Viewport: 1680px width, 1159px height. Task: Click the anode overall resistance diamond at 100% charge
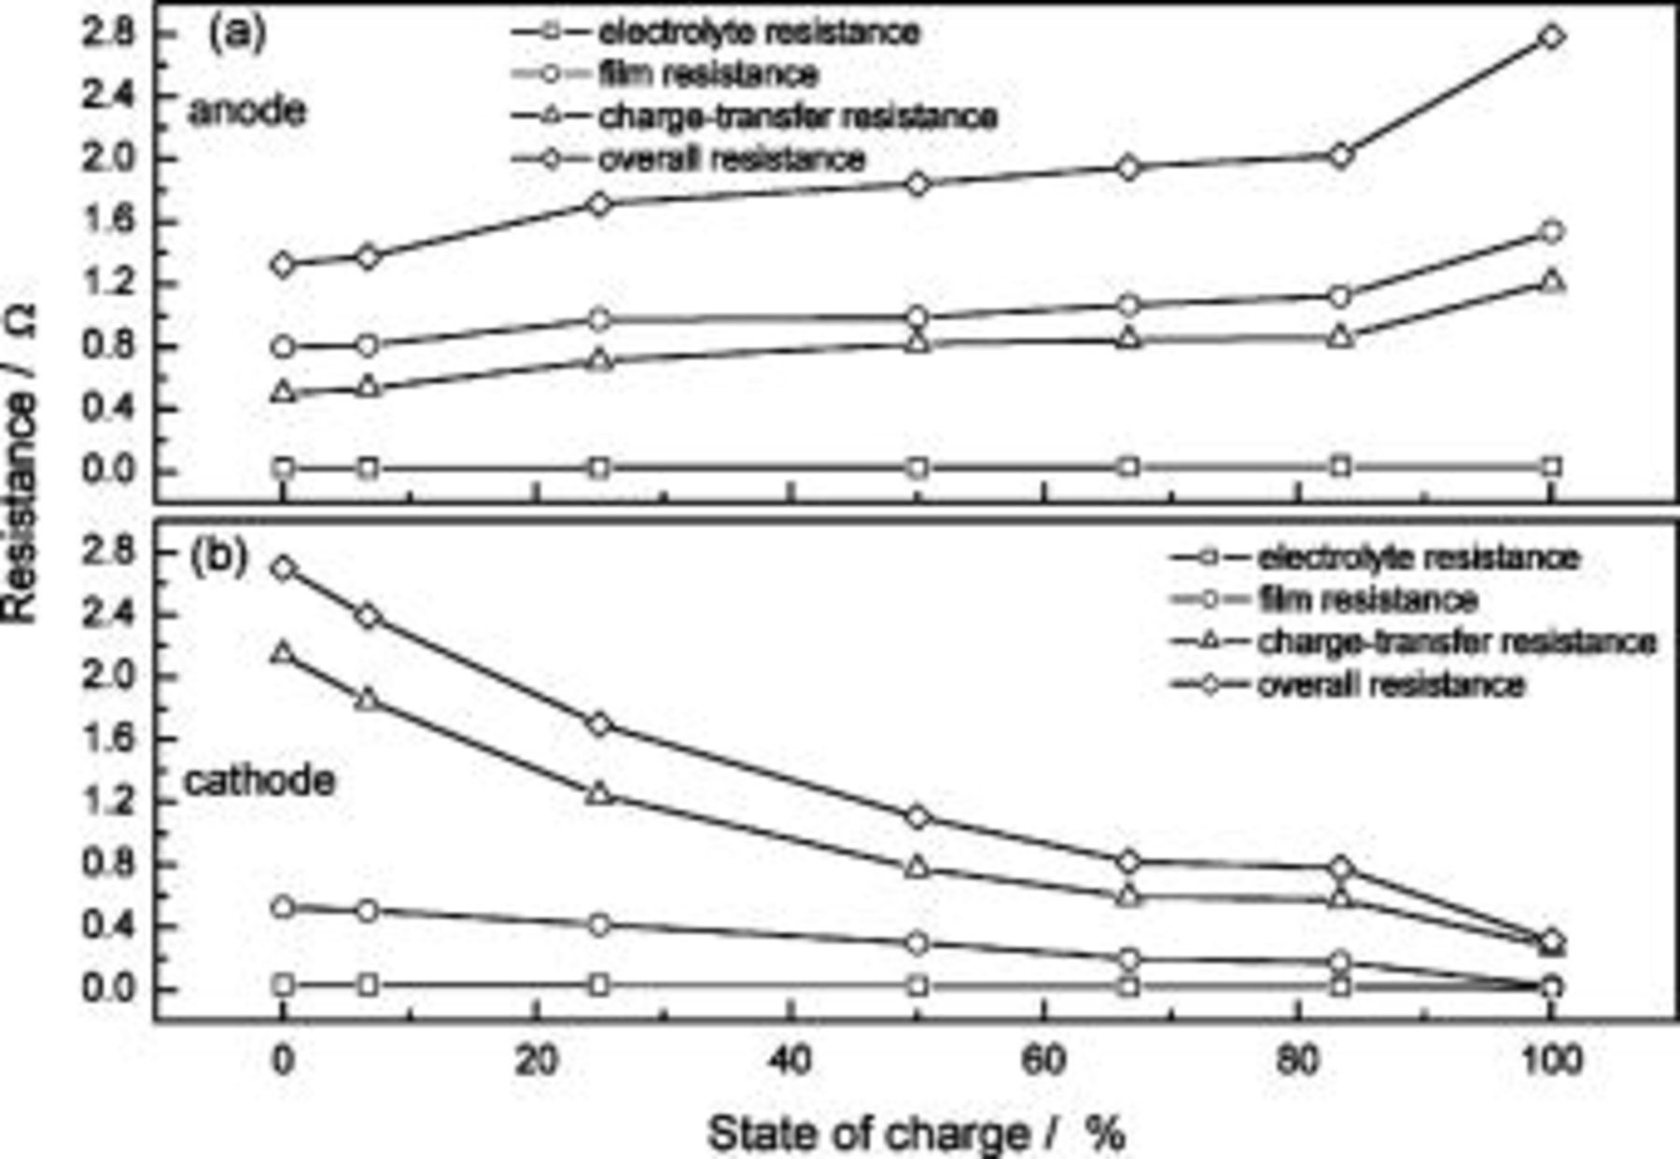click(1551, 37)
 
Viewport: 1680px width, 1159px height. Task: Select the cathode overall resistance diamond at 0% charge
click(284, 567)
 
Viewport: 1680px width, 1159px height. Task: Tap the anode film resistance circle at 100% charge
click(1551, 231)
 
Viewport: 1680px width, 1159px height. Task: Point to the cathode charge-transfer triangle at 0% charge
click(284, 652)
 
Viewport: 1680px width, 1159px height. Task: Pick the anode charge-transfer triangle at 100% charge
click(1551, 280)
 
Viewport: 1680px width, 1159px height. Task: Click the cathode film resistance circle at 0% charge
click(284, 907)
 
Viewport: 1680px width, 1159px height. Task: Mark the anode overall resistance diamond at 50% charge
click(917, 184)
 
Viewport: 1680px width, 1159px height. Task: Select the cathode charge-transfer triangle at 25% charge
click(600, 793)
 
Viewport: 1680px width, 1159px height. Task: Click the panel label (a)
click(235, 34)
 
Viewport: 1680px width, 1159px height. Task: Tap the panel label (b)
click(219, 557)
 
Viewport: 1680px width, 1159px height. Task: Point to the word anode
click(246, 111)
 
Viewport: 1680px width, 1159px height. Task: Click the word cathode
click(259, 780)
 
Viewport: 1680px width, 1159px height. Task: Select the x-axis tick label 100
click(1551, 1061)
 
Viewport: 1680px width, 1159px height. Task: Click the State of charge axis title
click(917, 1134)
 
